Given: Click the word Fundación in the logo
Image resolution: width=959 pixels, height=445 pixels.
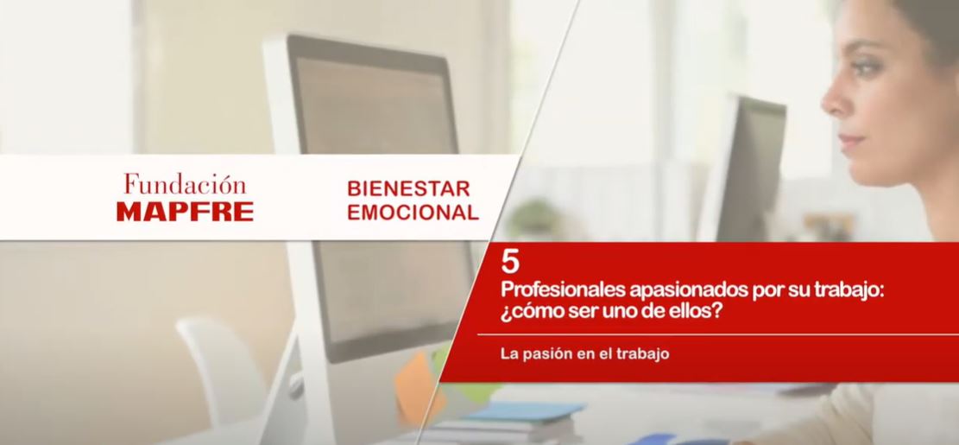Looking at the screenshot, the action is pos(185,184).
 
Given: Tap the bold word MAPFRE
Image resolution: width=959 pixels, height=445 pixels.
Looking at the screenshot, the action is pos(185,212).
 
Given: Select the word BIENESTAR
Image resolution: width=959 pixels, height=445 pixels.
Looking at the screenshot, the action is pos(408,188).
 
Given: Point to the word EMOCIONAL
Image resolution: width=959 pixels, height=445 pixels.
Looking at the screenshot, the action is pos(413,213).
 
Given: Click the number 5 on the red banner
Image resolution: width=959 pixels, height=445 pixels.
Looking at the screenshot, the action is pos(510,262).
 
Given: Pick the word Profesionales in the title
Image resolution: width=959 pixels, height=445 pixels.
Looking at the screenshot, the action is pos(564,290).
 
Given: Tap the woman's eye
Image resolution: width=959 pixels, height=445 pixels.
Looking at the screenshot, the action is pos(869,67).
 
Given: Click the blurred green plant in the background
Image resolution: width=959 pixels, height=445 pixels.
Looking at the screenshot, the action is pos(534,217).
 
